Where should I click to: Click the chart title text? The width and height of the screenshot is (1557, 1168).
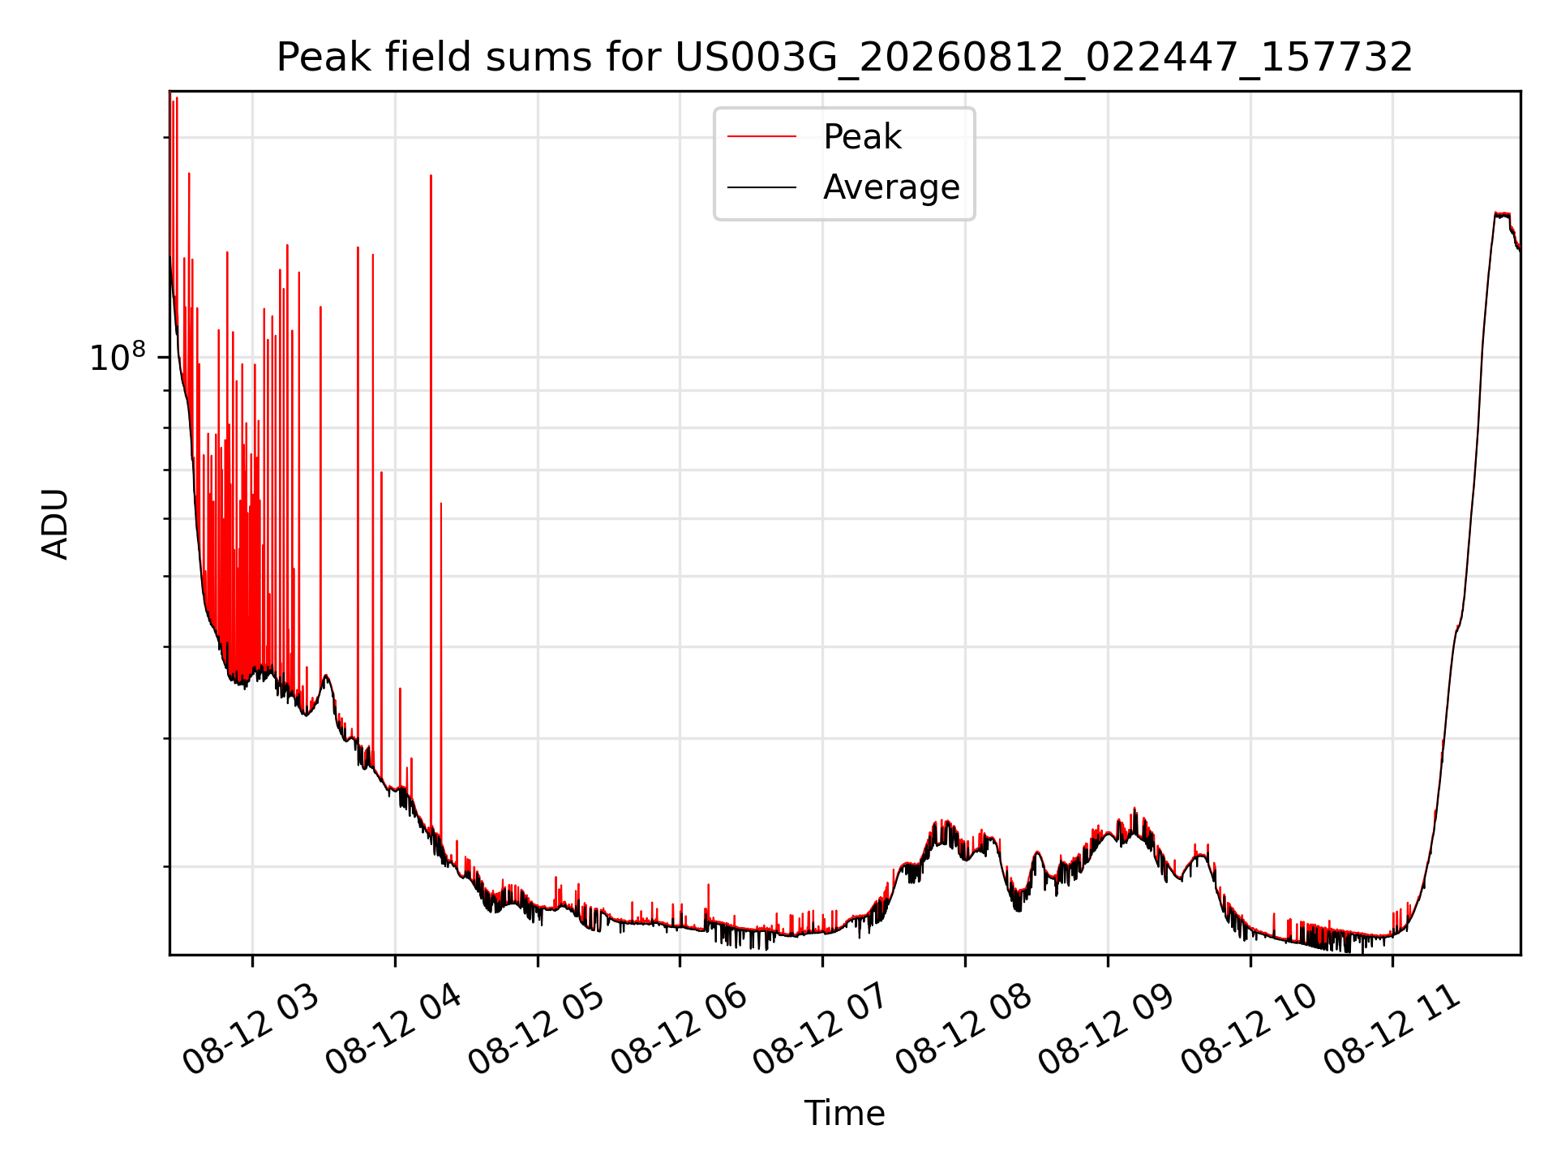coord(845,58)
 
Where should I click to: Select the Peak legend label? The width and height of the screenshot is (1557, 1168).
coord(862,136)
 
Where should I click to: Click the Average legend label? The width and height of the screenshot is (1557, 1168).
coord(891,187)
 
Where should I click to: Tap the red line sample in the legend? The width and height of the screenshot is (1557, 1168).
coord(761,136)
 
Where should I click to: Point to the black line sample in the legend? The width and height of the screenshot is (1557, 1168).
coord(761,187)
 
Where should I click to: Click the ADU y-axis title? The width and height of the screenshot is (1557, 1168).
coord(55,523)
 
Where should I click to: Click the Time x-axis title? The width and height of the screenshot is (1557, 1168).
coord(844,1113)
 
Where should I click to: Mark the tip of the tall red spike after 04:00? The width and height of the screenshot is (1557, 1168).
coord(431,175)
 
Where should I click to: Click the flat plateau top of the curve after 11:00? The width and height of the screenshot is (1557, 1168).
coord(1502,214)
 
